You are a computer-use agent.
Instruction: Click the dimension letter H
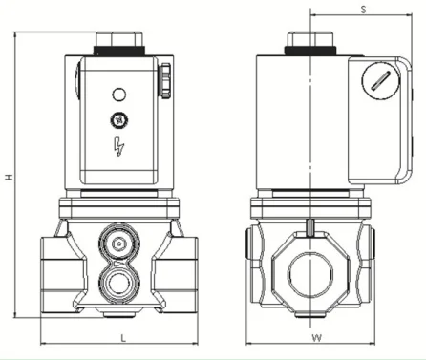10,177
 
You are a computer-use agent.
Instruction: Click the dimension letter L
123,338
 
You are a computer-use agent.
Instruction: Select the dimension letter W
316,338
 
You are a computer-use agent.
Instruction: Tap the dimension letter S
363,10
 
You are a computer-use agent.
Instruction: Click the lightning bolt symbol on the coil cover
118,146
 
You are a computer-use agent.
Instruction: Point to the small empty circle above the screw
119,95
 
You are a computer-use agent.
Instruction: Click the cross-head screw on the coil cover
119,120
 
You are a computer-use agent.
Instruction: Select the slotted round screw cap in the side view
380,80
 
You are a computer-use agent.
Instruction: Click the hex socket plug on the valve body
119,244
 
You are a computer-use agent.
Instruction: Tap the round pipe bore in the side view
310,274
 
